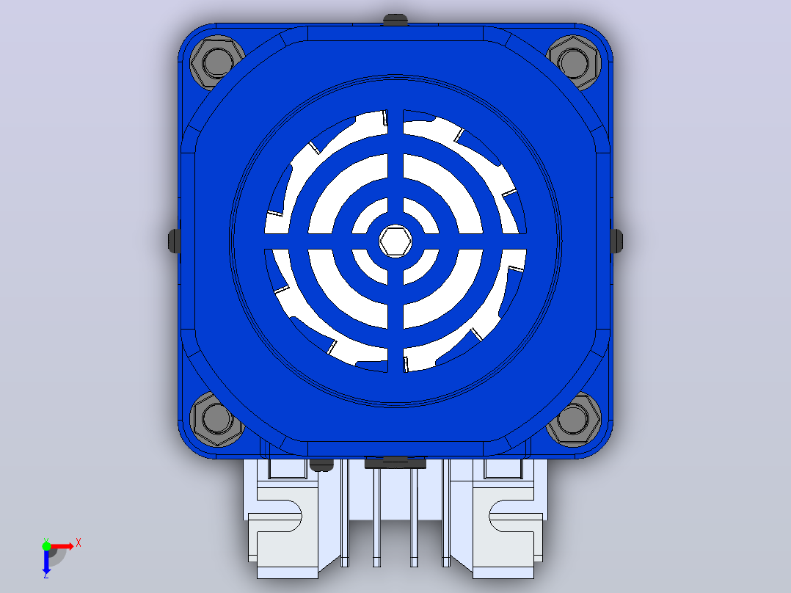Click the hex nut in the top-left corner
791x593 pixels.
(x=217, y=62)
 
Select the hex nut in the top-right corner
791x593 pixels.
(x=574, y=62)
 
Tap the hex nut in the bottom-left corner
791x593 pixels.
(x=217, y=419)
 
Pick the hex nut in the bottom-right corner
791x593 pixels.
(x=574, y=419)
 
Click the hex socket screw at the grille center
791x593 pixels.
(x=395, y=241)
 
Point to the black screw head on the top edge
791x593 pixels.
(x=395, y=20)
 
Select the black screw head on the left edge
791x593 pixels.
(x=174, y=241)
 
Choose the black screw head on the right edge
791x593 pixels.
(x=616, y=241)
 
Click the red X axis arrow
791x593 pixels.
(x=60, y=546)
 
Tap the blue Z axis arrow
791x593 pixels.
(x=46, y=560)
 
